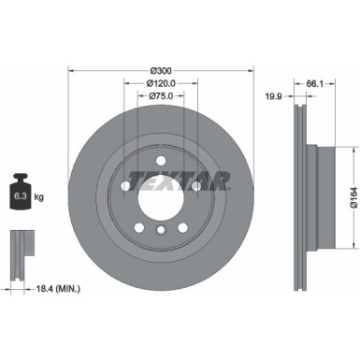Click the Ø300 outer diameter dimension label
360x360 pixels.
[x=161, y=69]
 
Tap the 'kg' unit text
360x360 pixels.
[x=38, y=196]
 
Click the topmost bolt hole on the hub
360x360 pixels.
[x=161, y=154]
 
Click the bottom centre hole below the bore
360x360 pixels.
[x=161, y=230]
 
